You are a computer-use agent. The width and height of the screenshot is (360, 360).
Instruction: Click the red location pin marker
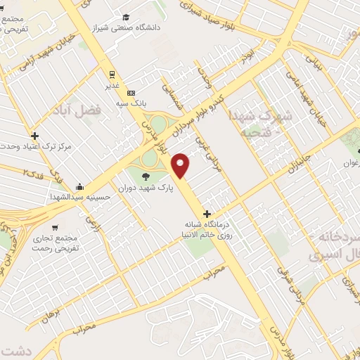coord(181,165)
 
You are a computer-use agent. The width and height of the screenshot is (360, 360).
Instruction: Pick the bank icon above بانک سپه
coord(131,93)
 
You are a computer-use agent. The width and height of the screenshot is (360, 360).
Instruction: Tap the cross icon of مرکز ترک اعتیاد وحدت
coord(34,136)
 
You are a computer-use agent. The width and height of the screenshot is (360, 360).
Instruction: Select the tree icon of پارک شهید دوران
coord(146,176)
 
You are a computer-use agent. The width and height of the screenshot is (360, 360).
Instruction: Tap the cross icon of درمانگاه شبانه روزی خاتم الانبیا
coord(206,214)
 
